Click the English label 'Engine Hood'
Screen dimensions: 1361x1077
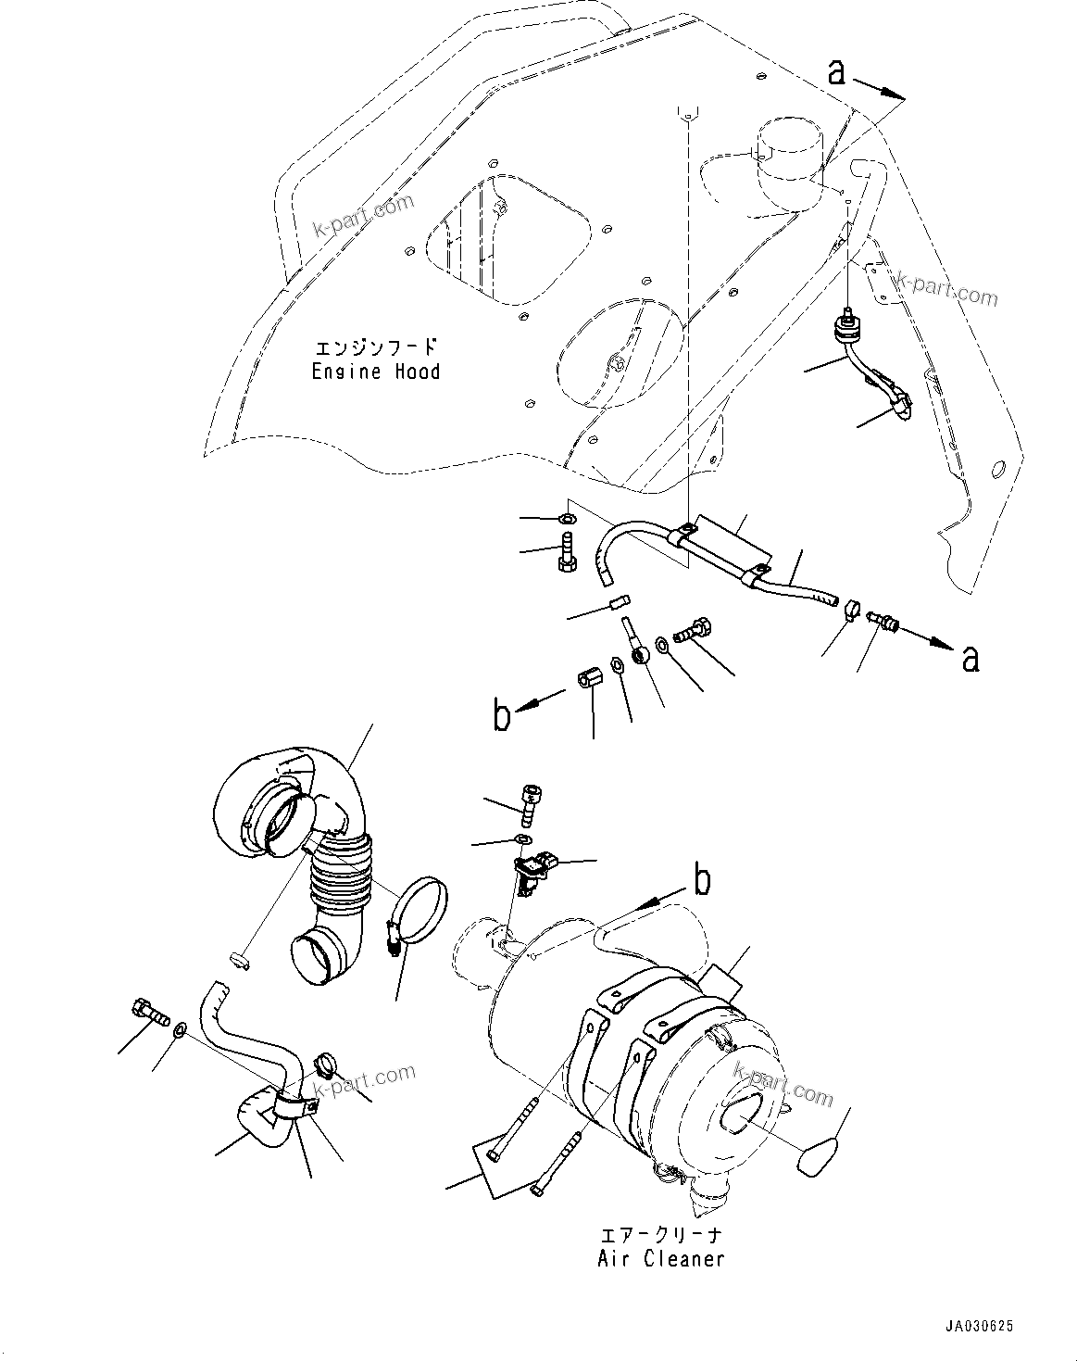pos(375,372)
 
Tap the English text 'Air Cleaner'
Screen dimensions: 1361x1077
pos(660,1258)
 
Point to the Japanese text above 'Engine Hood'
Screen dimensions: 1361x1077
pos(375,348)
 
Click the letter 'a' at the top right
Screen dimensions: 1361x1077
pos(836,72)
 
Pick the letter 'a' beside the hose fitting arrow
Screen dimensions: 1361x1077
pos(969,658)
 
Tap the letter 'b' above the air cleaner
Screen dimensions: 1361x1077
pos(703,881)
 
